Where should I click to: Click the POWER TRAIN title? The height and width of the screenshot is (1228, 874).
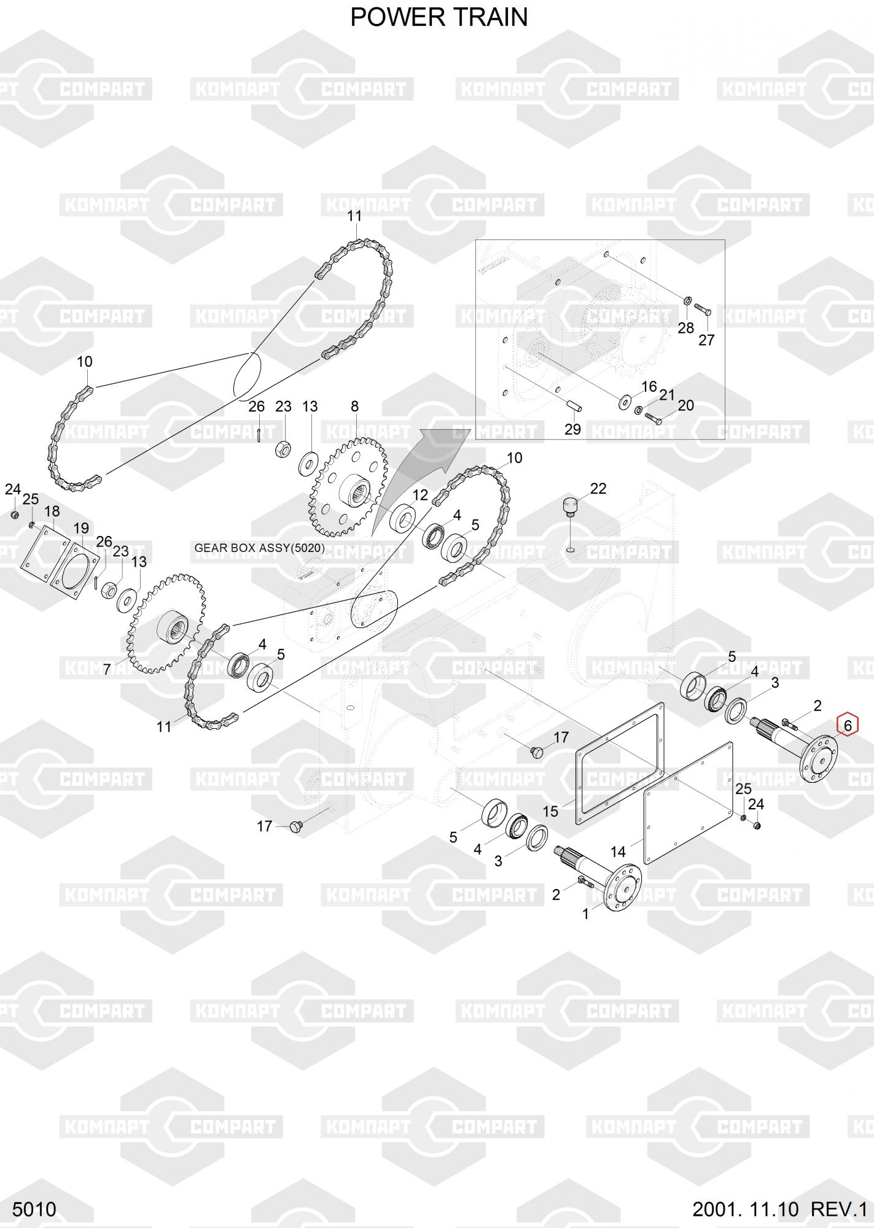[x=439, y=17]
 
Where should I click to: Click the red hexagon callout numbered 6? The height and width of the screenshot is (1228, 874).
[x=848, y=725]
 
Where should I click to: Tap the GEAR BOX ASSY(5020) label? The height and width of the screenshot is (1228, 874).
[x=259, y=548]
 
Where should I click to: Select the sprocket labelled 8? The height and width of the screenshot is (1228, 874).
[x=348, y=483]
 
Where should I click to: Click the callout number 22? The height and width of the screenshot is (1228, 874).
[x=598, y=488]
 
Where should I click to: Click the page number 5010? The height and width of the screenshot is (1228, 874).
[x=34, y=1209]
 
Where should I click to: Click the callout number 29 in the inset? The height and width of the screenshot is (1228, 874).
[x=572, y=429]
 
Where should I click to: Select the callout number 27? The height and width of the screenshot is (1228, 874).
[x=706, y=340]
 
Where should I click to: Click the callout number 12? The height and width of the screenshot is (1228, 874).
[x=420, y=495]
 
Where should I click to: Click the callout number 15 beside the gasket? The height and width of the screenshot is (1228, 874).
[x=550, y=811]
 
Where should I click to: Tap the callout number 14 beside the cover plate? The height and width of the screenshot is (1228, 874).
[x=618, y=852]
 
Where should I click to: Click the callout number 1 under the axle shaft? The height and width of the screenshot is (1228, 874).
[x=585, y=914]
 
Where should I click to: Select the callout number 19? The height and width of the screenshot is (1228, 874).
[x=81, y=527]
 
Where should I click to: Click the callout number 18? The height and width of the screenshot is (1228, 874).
[x=52, y=511]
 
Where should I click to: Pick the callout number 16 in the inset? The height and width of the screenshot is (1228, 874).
[x=649, y=386]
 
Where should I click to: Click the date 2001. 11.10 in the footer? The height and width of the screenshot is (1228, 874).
[x=745, y=1209]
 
